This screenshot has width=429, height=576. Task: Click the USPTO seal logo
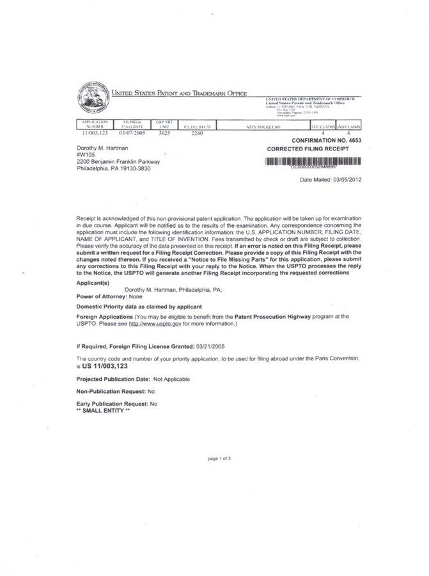point(93,97)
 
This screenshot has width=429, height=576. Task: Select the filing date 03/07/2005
point(133,132)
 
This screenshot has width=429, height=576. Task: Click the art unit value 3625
point(163,132)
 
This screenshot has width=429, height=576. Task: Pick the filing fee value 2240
point(193,133)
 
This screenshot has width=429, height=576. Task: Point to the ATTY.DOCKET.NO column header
point(263,127)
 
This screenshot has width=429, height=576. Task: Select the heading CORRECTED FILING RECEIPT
point(308,148)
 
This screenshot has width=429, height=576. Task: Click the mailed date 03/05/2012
point(346,180)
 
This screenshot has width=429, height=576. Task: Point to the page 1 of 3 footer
point(219,459)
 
